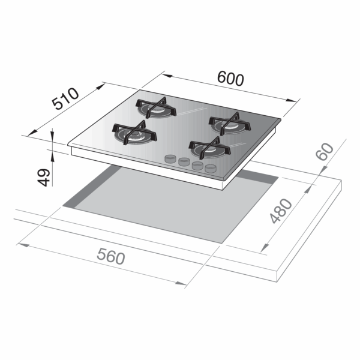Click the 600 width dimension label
click(230, 79)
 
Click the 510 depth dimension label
click(65, 98)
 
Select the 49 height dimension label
click(44, 178)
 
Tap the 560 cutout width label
click(111, 256)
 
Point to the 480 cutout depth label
click(281, 211)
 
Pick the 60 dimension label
click(325, 151)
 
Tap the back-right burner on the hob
click(230, 124)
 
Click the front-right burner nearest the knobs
click(209, 148)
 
